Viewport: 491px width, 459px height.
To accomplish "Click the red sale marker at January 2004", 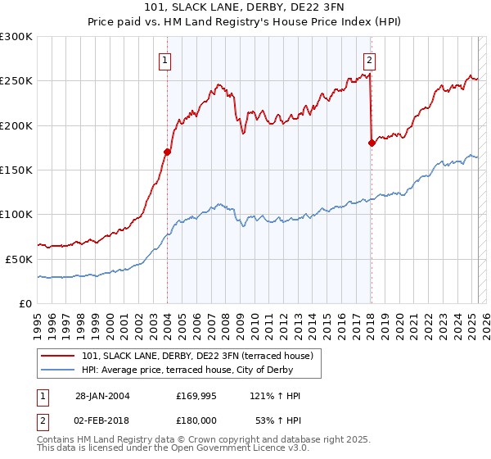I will pos(167,152).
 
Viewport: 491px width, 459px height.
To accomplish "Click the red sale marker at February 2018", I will pos(371,143).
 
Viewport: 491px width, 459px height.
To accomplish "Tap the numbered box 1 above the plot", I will pos(165,59).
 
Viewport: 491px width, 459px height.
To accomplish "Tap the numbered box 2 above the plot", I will pos(370,59).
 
